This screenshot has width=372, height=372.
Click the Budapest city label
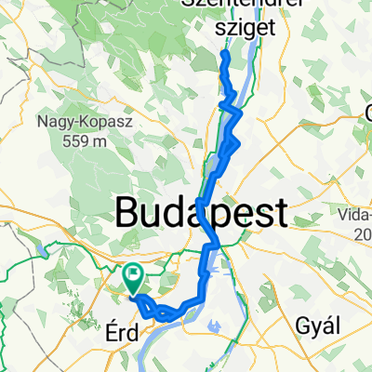click(200, 213)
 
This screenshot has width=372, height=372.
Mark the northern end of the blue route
click(224, 55)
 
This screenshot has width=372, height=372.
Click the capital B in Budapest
click(126, 213)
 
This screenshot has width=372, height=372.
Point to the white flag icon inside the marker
click(133, 276)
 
